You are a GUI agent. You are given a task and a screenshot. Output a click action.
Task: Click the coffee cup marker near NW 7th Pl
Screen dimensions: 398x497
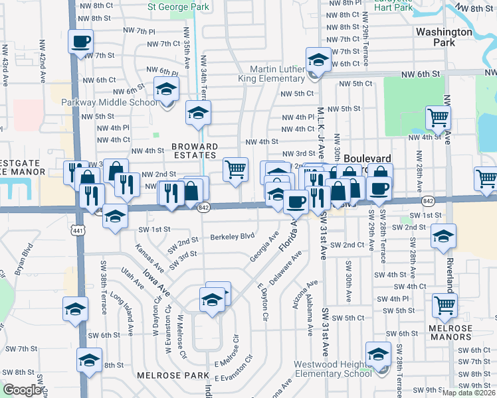pyautogui.click(x=80, y=42)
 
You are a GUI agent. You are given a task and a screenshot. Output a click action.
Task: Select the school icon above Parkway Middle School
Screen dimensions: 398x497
pyautogui.click(x=166, y=90)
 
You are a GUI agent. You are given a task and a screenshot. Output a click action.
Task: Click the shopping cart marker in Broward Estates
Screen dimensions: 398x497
pyautogui.click(x=235, y=170)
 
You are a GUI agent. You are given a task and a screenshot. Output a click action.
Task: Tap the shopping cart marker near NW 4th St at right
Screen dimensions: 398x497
pyautogui.click(x=439, y=118)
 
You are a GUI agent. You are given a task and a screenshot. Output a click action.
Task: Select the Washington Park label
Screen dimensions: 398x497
pyautogui.click(x=435, y=36)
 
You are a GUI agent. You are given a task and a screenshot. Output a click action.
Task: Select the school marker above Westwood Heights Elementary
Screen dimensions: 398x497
pyautogui.click(x=378, y=355)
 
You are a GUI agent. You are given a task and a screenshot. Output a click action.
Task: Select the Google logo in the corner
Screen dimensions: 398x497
pyautogui.click(x=21, y=390)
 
